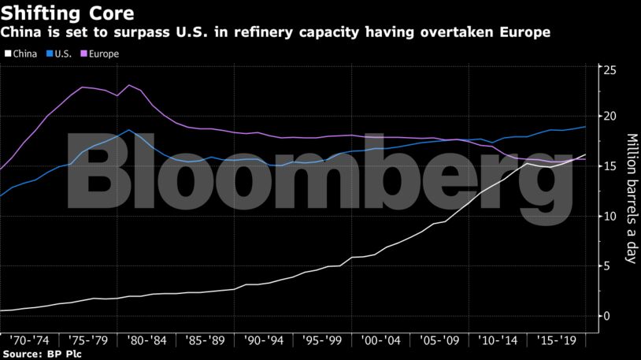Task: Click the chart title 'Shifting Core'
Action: click(x=67, y=13)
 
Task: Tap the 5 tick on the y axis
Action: click(x=606, y=266)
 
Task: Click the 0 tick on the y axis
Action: click(x=606, y=316)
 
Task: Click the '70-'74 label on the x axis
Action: click(x=30, y=341)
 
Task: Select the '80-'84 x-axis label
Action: click(x=147, y=341)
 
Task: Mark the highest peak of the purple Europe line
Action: click(x=129, y=85)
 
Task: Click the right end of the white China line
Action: click(x=585, y=154)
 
